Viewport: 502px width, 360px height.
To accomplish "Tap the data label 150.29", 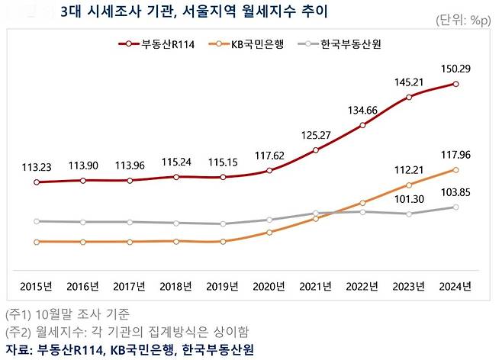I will click(455, 68).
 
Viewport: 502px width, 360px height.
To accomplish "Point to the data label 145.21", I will click(409, 80).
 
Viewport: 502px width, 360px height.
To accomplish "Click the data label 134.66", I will click(362, 109).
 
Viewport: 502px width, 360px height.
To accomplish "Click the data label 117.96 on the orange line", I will click(455, 154).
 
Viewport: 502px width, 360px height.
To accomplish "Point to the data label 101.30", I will click(410, 200).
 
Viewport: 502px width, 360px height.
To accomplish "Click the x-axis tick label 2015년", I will click(37, 287).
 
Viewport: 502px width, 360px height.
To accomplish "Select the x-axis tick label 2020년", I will click(269, 287).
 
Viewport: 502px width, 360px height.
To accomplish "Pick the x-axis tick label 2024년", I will click(455, 287).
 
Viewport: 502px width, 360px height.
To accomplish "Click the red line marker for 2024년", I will click(455, 84).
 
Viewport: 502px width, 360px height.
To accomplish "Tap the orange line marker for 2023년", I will click(410, 185).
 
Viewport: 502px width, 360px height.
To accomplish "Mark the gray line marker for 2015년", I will click(37, 221).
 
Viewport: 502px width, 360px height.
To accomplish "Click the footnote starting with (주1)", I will click(67, 313).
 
